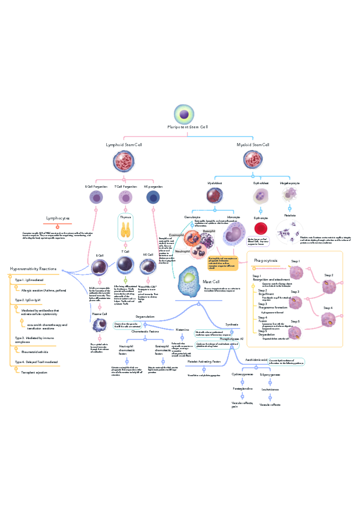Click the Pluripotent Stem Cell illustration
(x=184, y=114)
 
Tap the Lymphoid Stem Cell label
(x=124, y=145)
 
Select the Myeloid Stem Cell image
(x=253, y=159)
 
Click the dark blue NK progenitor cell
(x=153, y=198)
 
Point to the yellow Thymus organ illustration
(x=125, y=230)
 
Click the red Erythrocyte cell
(x=261, y=229)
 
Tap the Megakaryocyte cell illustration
(x=289, y=195)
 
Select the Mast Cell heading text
(x=211, y=282)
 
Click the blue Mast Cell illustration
(x=189, y=282)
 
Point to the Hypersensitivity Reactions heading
(x=33, y=269)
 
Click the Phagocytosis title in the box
(x=265, y=260)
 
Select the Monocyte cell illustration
(x=234, y=234)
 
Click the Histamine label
(x=182, y=330)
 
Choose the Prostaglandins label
(x=242, y=389)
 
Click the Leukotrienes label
(x=270, y=390)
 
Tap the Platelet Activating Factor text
(x=204, y=362)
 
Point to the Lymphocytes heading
(x=58, y=218)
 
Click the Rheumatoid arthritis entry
(x=34, y=352)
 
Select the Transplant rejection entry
(x=34, y=372)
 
